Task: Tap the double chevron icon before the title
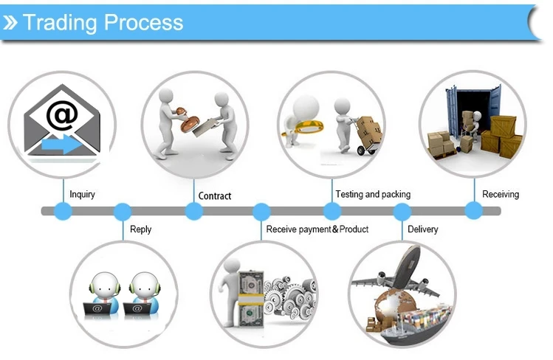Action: [10, 23]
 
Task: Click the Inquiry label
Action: [82, 195]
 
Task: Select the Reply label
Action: [141, 229]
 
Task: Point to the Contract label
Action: [215, 195]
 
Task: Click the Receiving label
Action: [501, 195]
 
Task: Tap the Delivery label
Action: [423, 229]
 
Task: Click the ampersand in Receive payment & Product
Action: [335, 229]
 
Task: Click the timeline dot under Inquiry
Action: [63, 211]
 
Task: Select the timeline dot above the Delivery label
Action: [402, 212]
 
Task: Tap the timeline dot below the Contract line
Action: [193, 211]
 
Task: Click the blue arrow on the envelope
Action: [62, 144]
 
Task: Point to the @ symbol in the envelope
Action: [62, 114]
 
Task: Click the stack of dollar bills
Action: [251, 298]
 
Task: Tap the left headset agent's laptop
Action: [97, 309]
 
